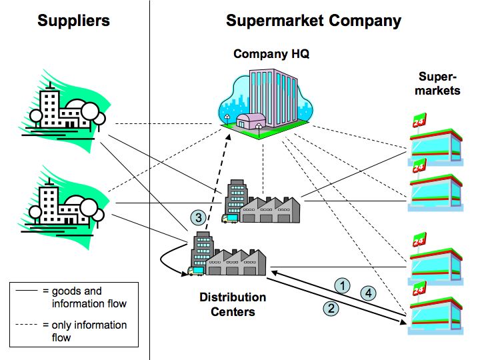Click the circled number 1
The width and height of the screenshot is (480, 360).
[342, 286]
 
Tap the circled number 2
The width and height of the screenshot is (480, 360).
[330, 307]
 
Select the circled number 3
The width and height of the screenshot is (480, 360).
[197, 217]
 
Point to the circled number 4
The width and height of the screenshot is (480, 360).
[367, 292]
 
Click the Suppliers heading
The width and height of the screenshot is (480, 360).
[73, 21]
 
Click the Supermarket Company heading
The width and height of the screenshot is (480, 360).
[313, 21]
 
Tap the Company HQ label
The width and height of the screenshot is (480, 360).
[271, 54]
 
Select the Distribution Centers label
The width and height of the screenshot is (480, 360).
[233, 304]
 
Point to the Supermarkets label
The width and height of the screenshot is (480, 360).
[437, 83]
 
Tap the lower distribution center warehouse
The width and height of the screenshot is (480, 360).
[228, 257]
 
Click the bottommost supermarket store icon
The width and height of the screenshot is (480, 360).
[437, 310]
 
